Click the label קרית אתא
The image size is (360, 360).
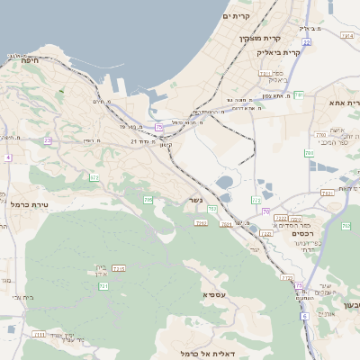coord(338,103)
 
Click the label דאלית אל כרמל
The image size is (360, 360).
coord(207,353)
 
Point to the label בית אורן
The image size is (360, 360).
coord(100,269)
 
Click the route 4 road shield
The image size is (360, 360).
coord(7,157)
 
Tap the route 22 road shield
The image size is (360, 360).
coord(306,42)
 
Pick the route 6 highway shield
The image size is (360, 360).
coord(304,315)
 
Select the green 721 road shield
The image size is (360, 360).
coord(103,286)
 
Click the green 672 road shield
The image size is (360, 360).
coord(94,177)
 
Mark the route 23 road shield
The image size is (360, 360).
coord(47,141)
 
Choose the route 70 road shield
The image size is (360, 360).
coord(267,211)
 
